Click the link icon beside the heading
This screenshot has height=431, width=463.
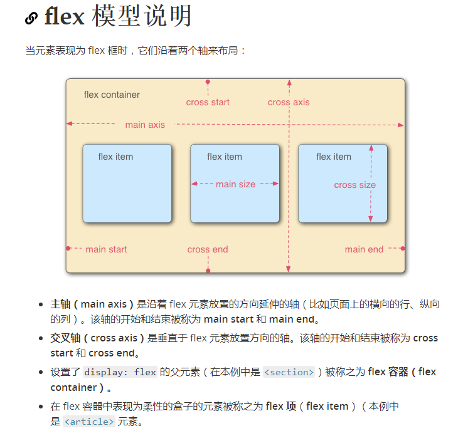point(31,18)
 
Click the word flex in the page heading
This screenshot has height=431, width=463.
point(64,17)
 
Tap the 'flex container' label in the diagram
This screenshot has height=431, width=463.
point(112,95)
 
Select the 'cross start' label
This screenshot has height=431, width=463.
point(208,102)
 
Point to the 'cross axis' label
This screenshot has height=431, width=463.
point(289,102)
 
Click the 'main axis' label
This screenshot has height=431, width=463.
point(145,125)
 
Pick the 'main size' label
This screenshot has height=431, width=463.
point(235,184)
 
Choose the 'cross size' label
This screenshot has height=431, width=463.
point(354,185)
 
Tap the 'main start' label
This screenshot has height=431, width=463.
point(106,249)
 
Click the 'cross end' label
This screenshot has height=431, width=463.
point(208,249)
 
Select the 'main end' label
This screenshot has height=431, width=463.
point(364,249)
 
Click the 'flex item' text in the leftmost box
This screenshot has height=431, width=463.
point(115,157)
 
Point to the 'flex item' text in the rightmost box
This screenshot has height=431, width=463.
point(334,157)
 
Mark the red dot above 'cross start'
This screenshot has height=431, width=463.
point(208,82)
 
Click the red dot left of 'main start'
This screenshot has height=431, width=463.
point(68,249)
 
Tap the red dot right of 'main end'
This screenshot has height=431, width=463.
point(402,249)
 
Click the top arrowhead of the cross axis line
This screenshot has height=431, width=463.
point(289,82)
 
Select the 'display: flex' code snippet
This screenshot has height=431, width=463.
point(120,372)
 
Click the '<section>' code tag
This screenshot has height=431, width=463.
point(289,372)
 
